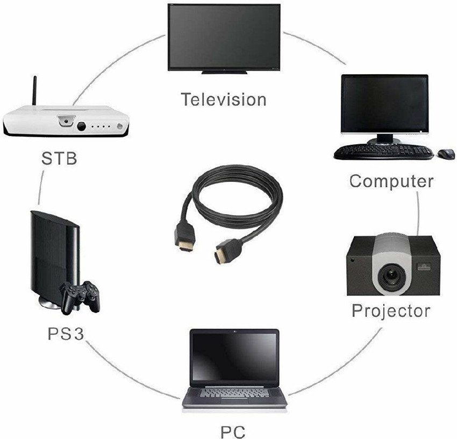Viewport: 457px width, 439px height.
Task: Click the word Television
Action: pyautogui.click(x=224, y=100)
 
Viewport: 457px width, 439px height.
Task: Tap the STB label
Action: pyautogui.click(x=59, y=158)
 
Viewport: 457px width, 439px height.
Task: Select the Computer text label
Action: pyautogui.click(x=391, y=181)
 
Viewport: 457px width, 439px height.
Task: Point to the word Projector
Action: pyautogui.click(x=391, y=310)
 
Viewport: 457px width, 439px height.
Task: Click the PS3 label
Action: pyautogui.click(x=66, y=334)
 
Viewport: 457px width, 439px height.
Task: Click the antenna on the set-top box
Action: pyautogui.click(x=34, y=91)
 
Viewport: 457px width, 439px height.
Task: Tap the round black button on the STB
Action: pyautogui.click(x=81, y=126)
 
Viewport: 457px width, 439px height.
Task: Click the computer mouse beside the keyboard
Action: pyautogui.click(x=446, y=154)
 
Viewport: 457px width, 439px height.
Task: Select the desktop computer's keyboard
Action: pyautogui.click(x=383, y=152)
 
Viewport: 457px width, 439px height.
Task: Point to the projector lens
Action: pyautogui.click(x=392, y=275)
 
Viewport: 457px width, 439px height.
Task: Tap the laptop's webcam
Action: pyautogui.click(x=234, y=331)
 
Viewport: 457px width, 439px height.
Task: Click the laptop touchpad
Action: pyautogui.click(x=234, y=400)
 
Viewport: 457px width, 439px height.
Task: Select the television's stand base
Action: pyautogui.click(x=224, y=72)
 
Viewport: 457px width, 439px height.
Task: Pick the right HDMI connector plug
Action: pyautogui.click(x=228, y=251)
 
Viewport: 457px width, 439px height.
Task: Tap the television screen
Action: pyautogui.click(x=224, y=37)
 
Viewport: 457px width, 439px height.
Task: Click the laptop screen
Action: pyautogui.click(x=234, y=357)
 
